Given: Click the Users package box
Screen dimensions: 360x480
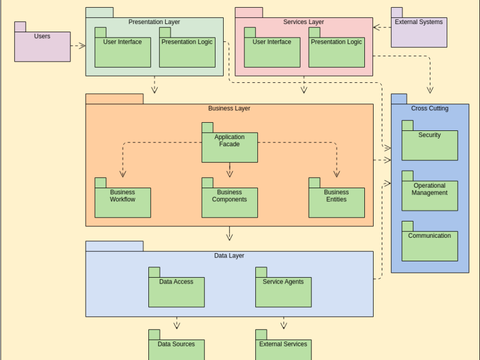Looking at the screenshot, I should coord(42,46).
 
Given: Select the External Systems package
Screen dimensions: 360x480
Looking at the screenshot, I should coord(418,32).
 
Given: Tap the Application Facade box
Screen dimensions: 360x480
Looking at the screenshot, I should coord(229,147).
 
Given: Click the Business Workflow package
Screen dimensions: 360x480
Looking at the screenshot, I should coord(122,202).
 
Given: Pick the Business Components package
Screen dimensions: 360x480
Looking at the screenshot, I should coord(229,202).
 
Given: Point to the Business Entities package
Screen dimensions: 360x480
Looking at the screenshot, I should coord(336,202).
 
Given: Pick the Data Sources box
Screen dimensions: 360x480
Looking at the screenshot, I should coord(176,349).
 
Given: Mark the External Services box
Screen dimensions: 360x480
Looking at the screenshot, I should coord(283,349).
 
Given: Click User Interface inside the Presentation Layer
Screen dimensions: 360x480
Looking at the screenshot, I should coord(122,52).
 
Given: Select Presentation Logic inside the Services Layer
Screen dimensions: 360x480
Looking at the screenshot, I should coord(336,52).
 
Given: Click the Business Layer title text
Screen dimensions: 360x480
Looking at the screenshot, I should coord(229,109).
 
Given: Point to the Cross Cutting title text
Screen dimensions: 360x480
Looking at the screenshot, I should coord(429,109).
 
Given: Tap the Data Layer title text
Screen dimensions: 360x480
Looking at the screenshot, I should coord(229,255).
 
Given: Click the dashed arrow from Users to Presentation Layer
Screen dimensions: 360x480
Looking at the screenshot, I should coord(78,46).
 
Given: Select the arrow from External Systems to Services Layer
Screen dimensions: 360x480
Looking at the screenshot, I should coord(382,27).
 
